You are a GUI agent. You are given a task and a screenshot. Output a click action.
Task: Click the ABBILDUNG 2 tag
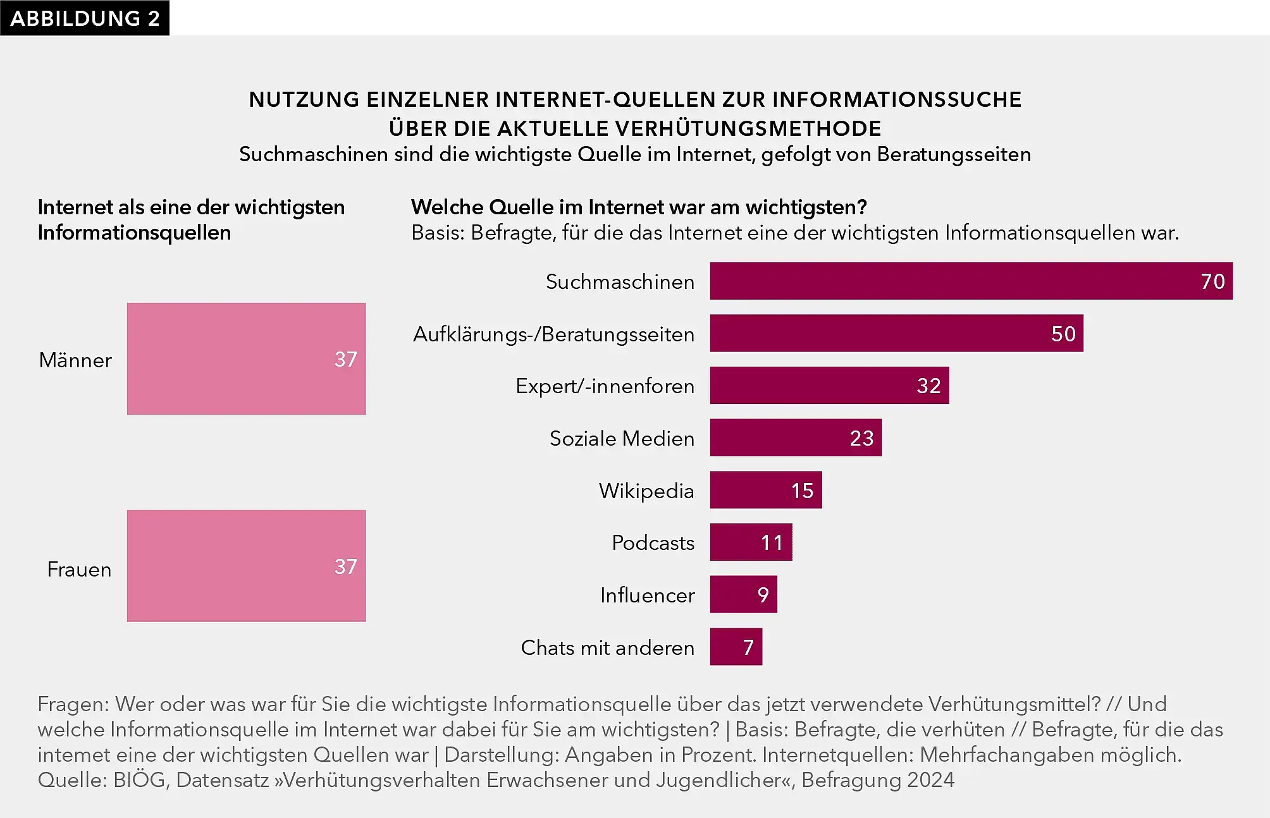pos(85,18)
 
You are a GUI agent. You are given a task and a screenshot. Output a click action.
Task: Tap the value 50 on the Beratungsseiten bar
pos(1063,334)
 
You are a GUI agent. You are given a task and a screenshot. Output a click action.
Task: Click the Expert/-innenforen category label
pos(605,386)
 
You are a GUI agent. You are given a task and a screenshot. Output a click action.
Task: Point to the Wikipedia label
pos(646,491)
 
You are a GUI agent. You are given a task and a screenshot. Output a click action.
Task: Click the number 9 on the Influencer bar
pos(763,595)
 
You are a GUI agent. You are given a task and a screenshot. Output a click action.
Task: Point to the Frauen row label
pos(79,570)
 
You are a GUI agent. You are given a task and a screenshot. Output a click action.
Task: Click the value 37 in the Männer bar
pos(345,359)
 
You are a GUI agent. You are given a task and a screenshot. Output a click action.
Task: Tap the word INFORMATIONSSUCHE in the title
pos(896,99)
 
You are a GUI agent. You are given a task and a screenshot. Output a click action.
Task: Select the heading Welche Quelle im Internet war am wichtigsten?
pos(639,207)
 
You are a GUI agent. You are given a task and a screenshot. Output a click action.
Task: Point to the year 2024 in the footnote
pos(930,780)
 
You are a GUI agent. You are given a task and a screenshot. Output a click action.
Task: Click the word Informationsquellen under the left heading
pos(134,233)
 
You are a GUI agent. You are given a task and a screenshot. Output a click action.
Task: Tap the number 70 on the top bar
pos(1212,281)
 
